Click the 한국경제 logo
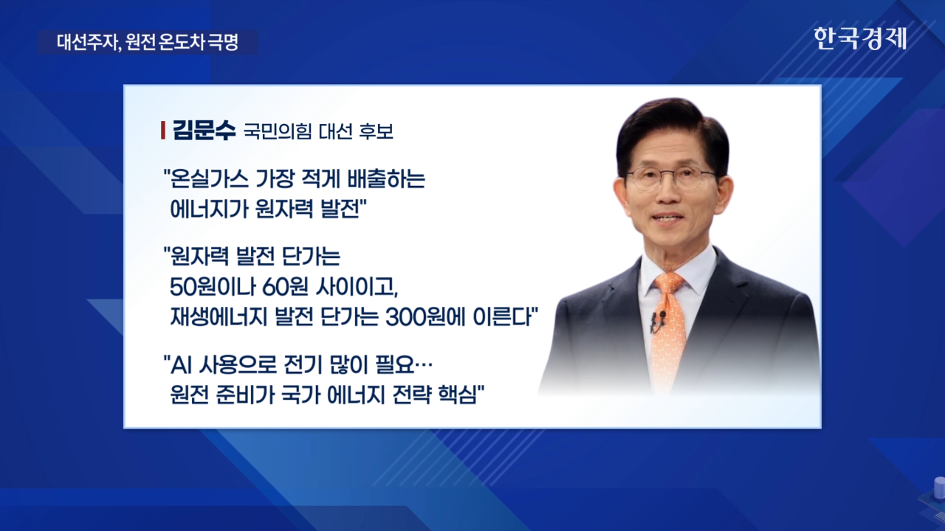pyautogui.click(x=860, y=39)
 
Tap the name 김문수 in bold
pyautogui.click(x=204, y=131)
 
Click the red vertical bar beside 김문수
pyautogui.click(x=163, y=131)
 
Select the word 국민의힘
pyautogui.click(x=278, y=131)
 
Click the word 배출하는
pyautogui.click(x=386, y=179)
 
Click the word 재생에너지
pyautogui.click(x=219, y=318)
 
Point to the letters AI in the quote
pyautogui.click(x=182, y=365)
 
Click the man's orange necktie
pyautogui.click(x=669, y=329)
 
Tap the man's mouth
pyautogui.click(x=669, y=218)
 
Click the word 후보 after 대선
pyautogui.click(x=376, y=131)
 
